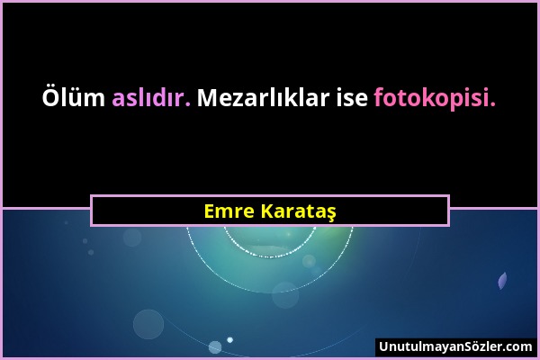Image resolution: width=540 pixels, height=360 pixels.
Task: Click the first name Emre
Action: [227, 211]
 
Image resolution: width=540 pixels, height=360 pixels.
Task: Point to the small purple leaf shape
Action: [502, 282]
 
